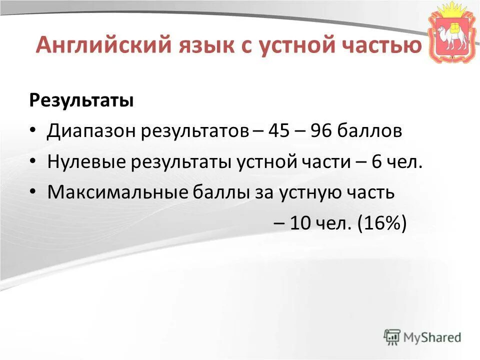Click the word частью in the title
point(384,46)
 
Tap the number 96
point(320,131)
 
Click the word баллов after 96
point(369,131)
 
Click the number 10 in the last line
point(301,223)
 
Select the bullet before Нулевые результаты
point(33,162)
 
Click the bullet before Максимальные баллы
point(33,192)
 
